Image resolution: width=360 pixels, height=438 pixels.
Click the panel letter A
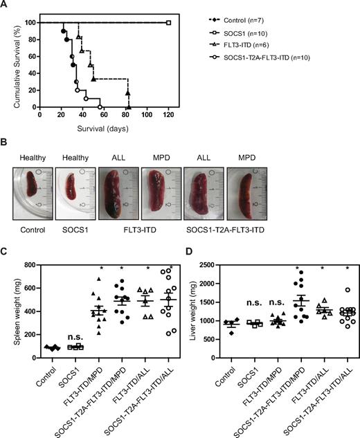click(x=6, y=6)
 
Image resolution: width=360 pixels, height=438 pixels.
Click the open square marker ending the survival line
click(x=168, y=22)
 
